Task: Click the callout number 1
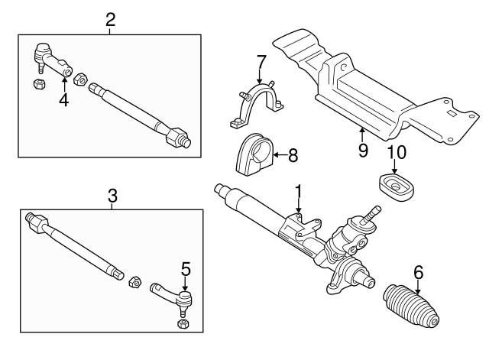pyautogui.click(x=299, y=190)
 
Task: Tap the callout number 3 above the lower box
pyautogui.click(x=112, y=196)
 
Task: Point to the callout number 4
pyautogui.click(x=64, y=99)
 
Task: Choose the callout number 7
pyautogui.click(x=261, y=60)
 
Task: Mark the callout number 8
pyautogui.click(x=293, y=155)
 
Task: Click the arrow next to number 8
pyautogui.click(x=277, y=155)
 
